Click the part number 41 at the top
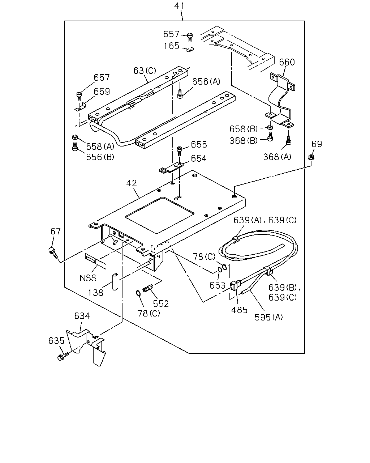point(179,6)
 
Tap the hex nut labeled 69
point(311,157)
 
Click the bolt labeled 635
point(63,356)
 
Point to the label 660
point(287,62)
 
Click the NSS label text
point(88,278)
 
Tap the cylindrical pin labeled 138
point(116,282)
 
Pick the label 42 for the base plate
point(132,183)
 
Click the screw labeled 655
point(179,151)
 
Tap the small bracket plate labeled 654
point(171,167)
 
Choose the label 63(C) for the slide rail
point(145,71)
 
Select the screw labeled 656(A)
point(180,94)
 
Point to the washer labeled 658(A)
point(75,137)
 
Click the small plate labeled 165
point(190,50)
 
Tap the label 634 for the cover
point(82,316)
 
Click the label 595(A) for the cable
point(268,317)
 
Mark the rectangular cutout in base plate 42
point(160,215)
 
